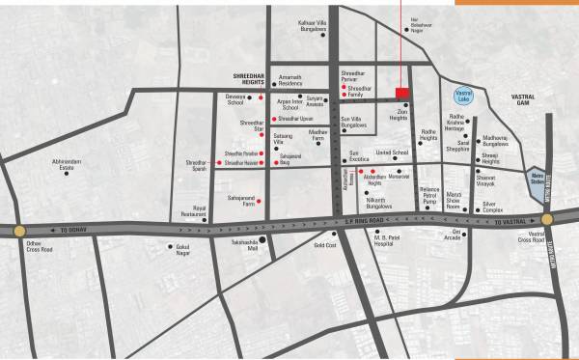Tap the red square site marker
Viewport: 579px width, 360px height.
401,93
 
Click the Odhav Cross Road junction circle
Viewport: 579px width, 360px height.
19,230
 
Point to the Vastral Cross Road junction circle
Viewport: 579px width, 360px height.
547,220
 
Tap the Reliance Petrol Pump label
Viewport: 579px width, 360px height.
429,194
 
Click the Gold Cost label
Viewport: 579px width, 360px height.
324,245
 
